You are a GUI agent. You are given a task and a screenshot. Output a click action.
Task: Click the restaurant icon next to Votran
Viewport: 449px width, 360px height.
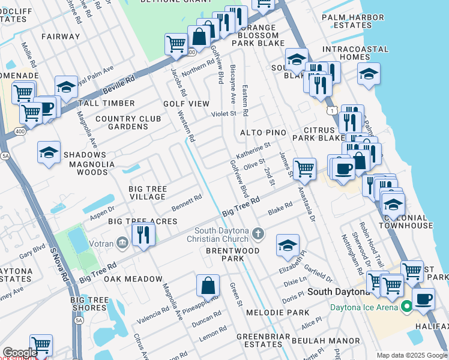point(142,233)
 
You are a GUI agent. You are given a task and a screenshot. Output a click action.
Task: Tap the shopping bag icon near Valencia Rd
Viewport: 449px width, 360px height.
point(208,286)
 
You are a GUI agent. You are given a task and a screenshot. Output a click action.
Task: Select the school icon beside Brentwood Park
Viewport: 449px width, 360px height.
point(288,244)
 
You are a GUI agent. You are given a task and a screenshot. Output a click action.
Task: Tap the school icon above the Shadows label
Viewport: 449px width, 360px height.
point(49,152)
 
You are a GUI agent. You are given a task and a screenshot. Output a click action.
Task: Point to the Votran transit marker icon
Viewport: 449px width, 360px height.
point(122,242)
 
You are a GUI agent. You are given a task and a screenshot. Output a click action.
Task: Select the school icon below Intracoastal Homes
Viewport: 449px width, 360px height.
point(369,73)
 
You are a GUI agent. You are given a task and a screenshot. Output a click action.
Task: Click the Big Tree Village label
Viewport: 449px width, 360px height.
point(148,193)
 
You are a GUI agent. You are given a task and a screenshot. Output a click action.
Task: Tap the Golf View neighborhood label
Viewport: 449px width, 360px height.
point(186,104)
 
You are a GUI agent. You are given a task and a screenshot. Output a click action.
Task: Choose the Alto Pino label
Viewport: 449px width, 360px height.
point(279,132)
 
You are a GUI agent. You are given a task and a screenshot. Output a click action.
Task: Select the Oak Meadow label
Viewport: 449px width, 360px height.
point(133,279)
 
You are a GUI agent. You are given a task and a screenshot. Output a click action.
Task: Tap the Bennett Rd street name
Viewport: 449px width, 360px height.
point(187,203)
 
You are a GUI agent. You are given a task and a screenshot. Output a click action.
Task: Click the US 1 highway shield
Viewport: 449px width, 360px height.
point(331,110)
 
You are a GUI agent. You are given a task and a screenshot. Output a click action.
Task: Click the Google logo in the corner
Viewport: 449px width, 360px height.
point(20,353)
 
